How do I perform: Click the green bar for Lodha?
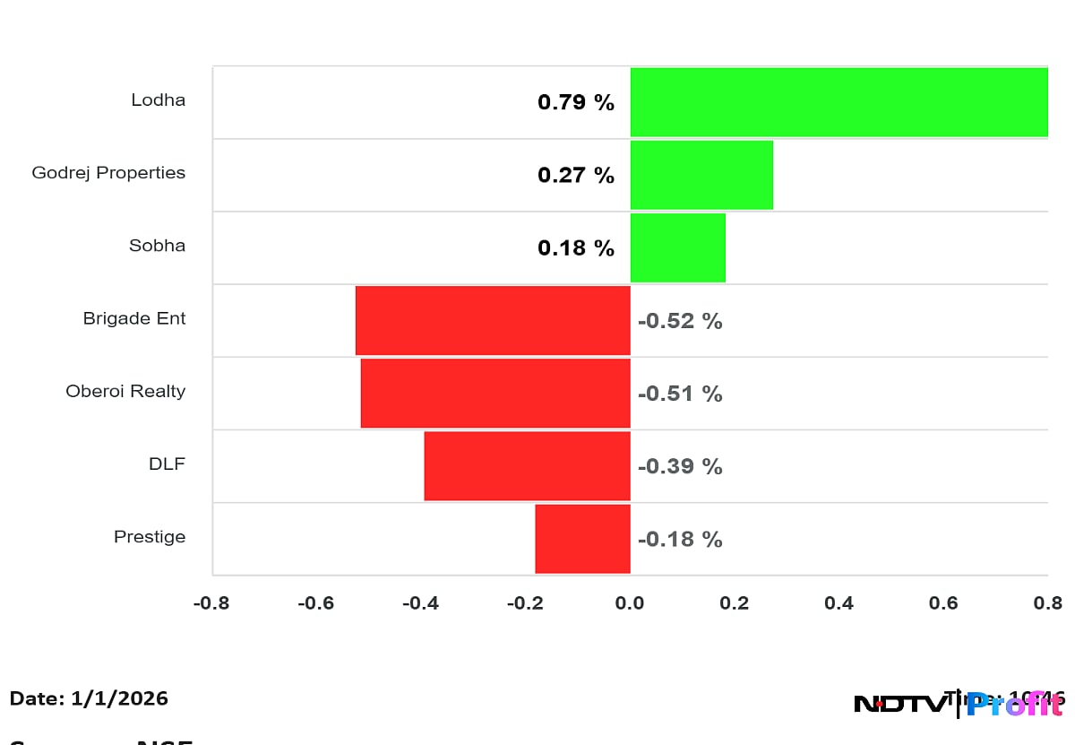pyautogui.click(x=838, y=102)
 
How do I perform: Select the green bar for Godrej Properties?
pyautogui.click(x=701, y=175)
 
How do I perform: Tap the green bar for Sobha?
pyautogui.click(x=677, y=247)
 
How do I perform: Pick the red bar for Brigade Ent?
pyautogui.click(x=493, y=320)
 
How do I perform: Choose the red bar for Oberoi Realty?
pyautogui.click(x=495, y=393)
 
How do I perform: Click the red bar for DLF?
pyautogui.click(x=527, y=465)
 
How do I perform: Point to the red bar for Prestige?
pyautogui.click(x=582, y=538)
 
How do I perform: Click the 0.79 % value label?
pyautogui.click(x=576, y=102)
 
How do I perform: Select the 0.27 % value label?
pyautogui.click(x=576, y=175)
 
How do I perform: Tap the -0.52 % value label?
pyautogui.click(x=680, y=321)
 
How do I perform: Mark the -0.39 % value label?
pyautogui.click(x=680, y=466)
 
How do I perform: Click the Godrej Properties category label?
pyautogui.click(x=108, y=172)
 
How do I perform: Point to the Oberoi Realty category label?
pyautogui.click(x=125, y=391)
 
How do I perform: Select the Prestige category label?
pyautogui.click(x=150, y=537)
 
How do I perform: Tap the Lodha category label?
pyautogui.click(x=159, y=100)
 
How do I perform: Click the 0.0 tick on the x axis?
pyautogui.click(x=630, y=603)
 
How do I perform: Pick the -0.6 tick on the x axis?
pyautogui.click(x=315, y=603)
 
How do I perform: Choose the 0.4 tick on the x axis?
pyautogui.click(x=838, y=603)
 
